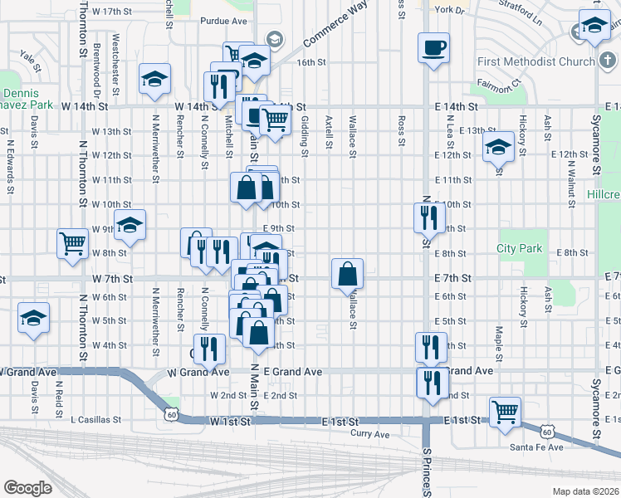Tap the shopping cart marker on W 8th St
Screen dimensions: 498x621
72,243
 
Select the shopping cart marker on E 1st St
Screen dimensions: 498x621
504,411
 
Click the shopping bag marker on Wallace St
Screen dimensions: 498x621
347,272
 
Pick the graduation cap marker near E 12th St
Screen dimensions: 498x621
497,149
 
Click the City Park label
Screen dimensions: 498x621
519,248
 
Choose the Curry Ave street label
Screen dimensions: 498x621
369,434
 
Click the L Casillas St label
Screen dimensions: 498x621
95,420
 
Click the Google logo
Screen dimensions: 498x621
27,487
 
